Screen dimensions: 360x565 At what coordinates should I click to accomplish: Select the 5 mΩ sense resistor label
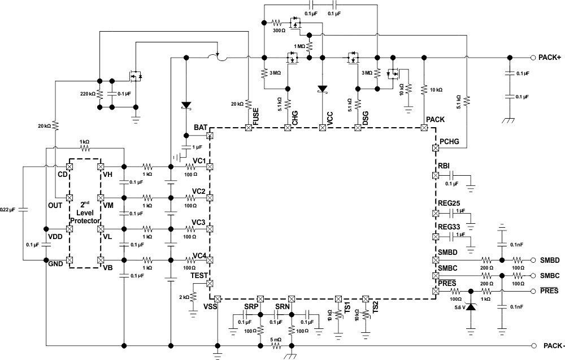275,340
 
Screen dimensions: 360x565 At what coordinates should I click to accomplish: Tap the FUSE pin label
256,119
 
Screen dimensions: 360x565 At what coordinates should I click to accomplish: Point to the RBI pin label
444,166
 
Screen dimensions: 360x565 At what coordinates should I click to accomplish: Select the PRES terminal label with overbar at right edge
550,291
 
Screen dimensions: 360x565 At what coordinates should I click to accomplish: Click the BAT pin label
200,128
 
